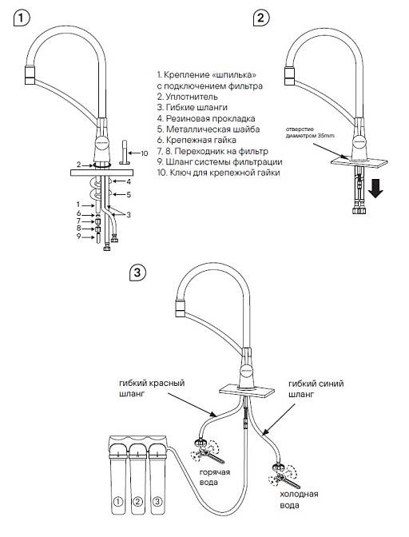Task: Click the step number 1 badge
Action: pyautogui.click(x=22, y=18)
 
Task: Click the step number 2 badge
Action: pyautogui.click(x=261, y=18)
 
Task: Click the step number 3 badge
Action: pyautogui.click(x=137, y=272)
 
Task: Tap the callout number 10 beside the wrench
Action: pyautogui.click(x=145, y=153)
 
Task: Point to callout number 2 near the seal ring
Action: pyautogui.click(x=79, y=165)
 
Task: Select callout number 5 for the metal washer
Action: pyautogui.click(x=129, y=194)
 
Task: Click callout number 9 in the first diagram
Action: pyautogui.click(x=78, y=236)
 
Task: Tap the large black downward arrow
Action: pyautogui.click(x=376, y=189)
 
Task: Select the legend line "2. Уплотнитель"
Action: pyautogui.click(x=187, y=97)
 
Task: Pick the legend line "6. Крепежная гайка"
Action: pyautogui.click(x=197, y=140)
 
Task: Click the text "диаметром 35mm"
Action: pyautogui.click(x=310, y=136)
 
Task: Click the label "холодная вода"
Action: pyautogui.click(x=299, y=499)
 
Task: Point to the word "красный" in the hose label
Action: pyautogui.click(x=168, y=383)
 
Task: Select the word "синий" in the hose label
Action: pyautogui.click(x=330, y=384)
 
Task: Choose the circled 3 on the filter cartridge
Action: pyautogui.click(x=157, y=502)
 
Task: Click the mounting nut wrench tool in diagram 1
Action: pyautogui.click(x=123, y=152)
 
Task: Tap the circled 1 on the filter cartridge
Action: pyautogui.click(x=117, y=502)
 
